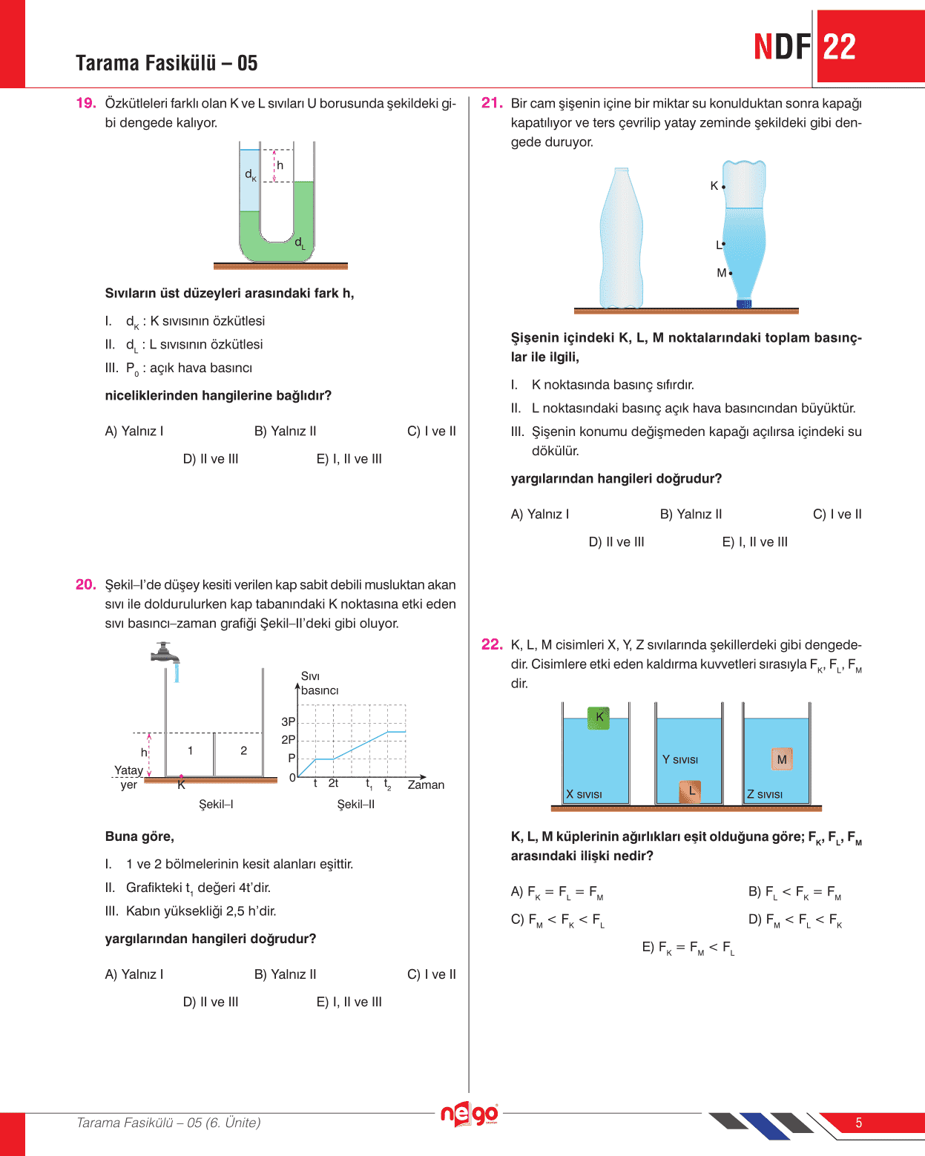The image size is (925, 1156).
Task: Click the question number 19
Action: (86, 103)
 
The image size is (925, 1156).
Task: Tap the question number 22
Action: (492, 644)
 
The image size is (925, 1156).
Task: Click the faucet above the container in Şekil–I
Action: (165, 653)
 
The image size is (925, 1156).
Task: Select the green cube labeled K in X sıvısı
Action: (599, 718)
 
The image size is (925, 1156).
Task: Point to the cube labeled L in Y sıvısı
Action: (691, 791)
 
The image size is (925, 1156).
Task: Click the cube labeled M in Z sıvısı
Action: (781, 759)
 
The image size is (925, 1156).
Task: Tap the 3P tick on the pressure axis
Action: (289, 721)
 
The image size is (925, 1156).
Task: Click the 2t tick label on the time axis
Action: (334, 783)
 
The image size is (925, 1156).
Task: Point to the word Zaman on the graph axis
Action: (426, 785)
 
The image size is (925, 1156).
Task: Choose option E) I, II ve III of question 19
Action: (349, 459)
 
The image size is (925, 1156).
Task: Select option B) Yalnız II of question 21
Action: (691, 514)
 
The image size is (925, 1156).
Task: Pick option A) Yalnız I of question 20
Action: (134, 974)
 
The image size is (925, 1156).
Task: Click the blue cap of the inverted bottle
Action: (743, 303)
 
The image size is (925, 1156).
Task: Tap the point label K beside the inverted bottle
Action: (714, 186)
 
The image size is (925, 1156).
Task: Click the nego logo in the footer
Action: (469, 1114)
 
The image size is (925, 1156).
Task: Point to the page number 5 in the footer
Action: (858, 1123)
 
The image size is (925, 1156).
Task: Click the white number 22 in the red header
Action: (840, 47)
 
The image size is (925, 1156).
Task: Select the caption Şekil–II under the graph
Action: (355, 805)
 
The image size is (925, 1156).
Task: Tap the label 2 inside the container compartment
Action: (243, 750)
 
